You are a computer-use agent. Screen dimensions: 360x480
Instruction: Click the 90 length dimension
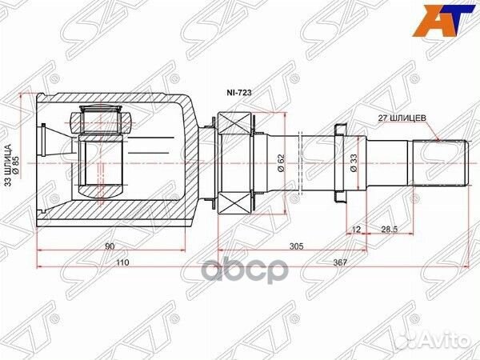110,247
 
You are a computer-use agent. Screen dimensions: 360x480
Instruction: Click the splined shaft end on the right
439,163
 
